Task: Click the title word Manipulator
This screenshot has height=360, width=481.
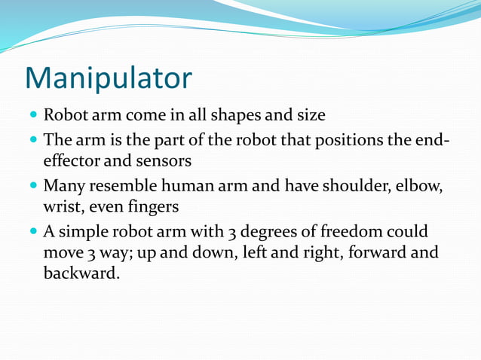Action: pos(109,78)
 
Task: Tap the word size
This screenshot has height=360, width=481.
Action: pos(310,117)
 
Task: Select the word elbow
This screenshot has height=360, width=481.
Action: pos(417,185)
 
